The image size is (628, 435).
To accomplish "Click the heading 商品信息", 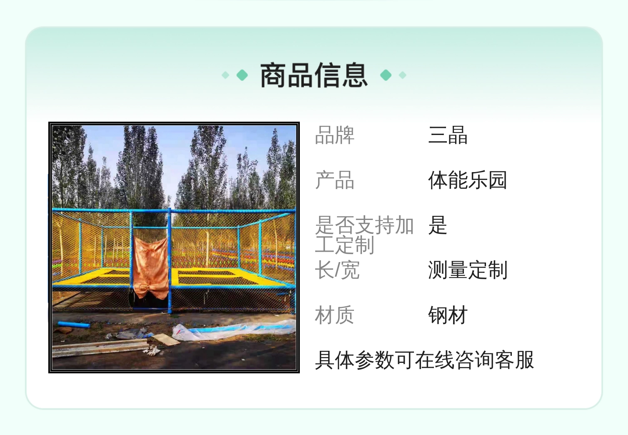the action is pos(314,75).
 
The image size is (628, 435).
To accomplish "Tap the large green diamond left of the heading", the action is pos(242,75).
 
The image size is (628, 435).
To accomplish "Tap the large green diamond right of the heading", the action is pos(386,75).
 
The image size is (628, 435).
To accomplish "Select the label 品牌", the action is pos(335,135).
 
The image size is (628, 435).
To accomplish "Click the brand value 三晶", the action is pos(448,135).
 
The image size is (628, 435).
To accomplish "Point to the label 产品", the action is pos(335,180).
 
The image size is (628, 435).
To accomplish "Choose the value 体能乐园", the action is pos(468,180).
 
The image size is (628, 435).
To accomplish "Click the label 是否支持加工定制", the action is pos(364,235).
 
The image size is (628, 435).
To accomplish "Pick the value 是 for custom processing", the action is pos(438,225).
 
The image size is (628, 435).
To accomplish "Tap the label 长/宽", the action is pos(337,270).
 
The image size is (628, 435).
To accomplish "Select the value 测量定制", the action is pos(468,270).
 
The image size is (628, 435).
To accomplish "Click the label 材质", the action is pos(335,315).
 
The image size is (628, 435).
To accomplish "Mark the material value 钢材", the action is pos(448,315).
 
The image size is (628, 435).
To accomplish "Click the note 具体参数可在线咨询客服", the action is pos(424,360).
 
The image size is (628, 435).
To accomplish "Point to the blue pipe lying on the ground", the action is pos(74,325).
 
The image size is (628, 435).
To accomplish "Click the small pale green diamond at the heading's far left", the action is pos(225,75).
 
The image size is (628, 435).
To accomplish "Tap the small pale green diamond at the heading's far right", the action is pos(403,75).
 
